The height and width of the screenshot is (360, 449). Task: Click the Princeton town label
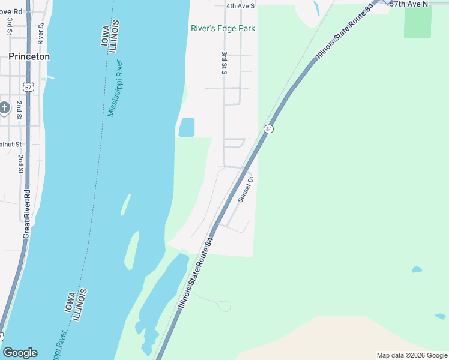coord(29,56)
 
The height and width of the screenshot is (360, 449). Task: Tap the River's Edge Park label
coord(223,28)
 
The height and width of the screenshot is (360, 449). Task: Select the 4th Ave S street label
coord(241,6)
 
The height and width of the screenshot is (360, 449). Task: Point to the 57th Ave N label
coord(409,4)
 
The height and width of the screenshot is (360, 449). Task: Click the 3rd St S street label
coord(224,62)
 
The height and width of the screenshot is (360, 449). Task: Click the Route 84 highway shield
coord(268,129)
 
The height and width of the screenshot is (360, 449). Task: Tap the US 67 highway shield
coord(29,87)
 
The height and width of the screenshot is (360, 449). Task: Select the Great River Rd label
coord(26,214)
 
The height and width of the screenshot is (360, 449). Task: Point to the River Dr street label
coord(40,34)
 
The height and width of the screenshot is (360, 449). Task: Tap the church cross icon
coord(4,109)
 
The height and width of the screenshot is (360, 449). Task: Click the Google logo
coord(20,353)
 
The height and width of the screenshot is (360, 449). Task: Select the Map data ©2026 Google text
coord(412,355)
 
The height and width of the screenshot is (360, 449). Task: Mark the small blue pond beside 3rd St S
coord(187,127)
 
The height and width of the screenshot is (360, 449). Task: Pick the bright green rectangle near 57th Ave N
coord(418,22)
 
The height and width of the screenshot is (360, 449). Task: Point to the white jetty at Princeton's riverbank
coord(48,77)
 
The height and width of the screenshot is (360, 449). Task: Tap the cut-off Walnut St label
coord(11,145)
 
